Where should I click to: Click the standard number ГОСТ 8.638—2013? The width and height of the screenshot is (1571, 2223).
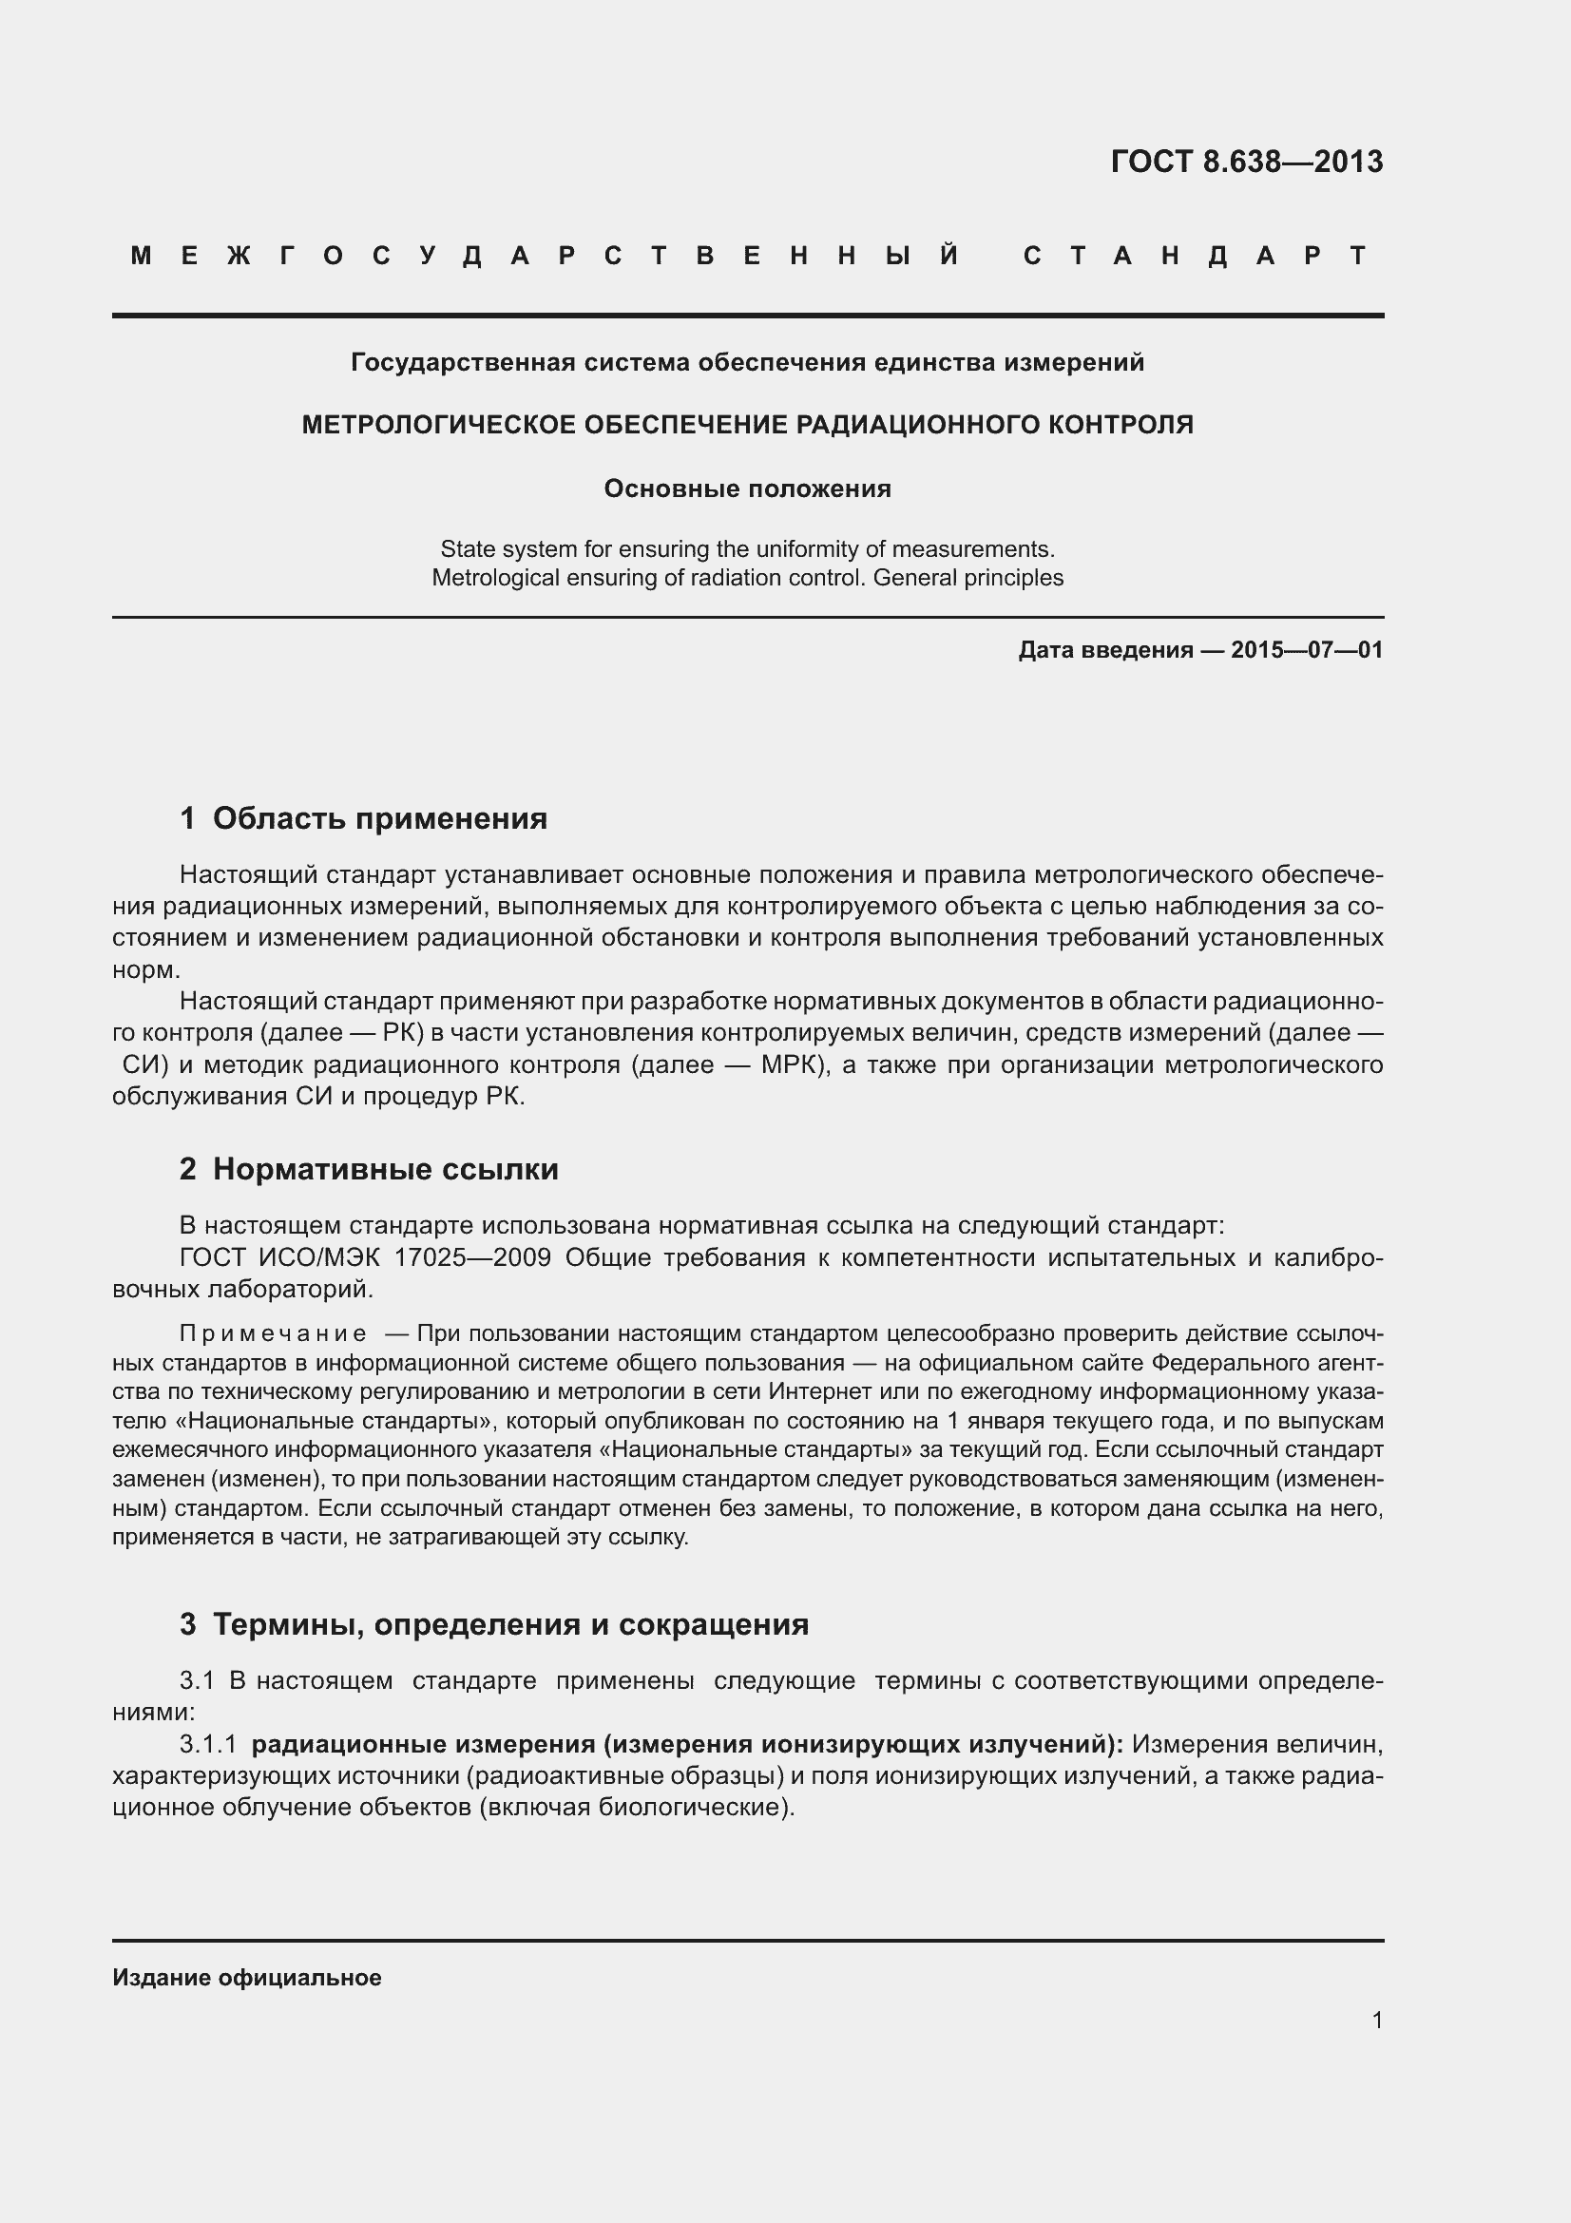click(1247, 162)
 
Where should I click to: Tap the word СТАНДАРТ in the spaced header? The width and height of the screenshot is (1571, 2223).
click(1196, 256)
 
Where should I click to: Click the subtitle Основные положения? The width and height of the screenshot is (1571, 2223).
click(747, 489)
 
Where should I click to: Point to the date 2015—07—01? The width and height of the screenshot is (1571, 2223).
click(1307, 650)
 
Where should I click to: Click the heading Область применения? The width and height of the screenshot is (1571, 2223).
click(379, 819)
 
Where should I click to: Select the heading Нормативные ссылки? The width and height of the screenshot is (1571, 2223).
click(385, 1170)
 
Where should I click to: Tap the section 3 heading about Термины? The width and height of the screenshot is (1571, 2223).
click(510, 1623)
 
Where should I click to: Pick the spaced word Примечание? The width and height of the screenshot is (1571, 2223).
click(273, 1334)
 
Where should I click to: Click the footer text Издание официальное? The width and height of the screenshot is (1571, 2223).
click(247, 1978)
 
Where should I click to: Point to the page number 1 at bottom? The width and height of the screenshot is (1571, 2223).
click(1376, 2021)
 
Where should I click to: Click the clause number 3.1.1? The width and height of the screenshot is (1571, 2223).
click(208, 1745)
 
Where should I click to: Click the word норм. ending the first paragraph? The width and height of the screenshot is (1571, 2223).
click(146, 970)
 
